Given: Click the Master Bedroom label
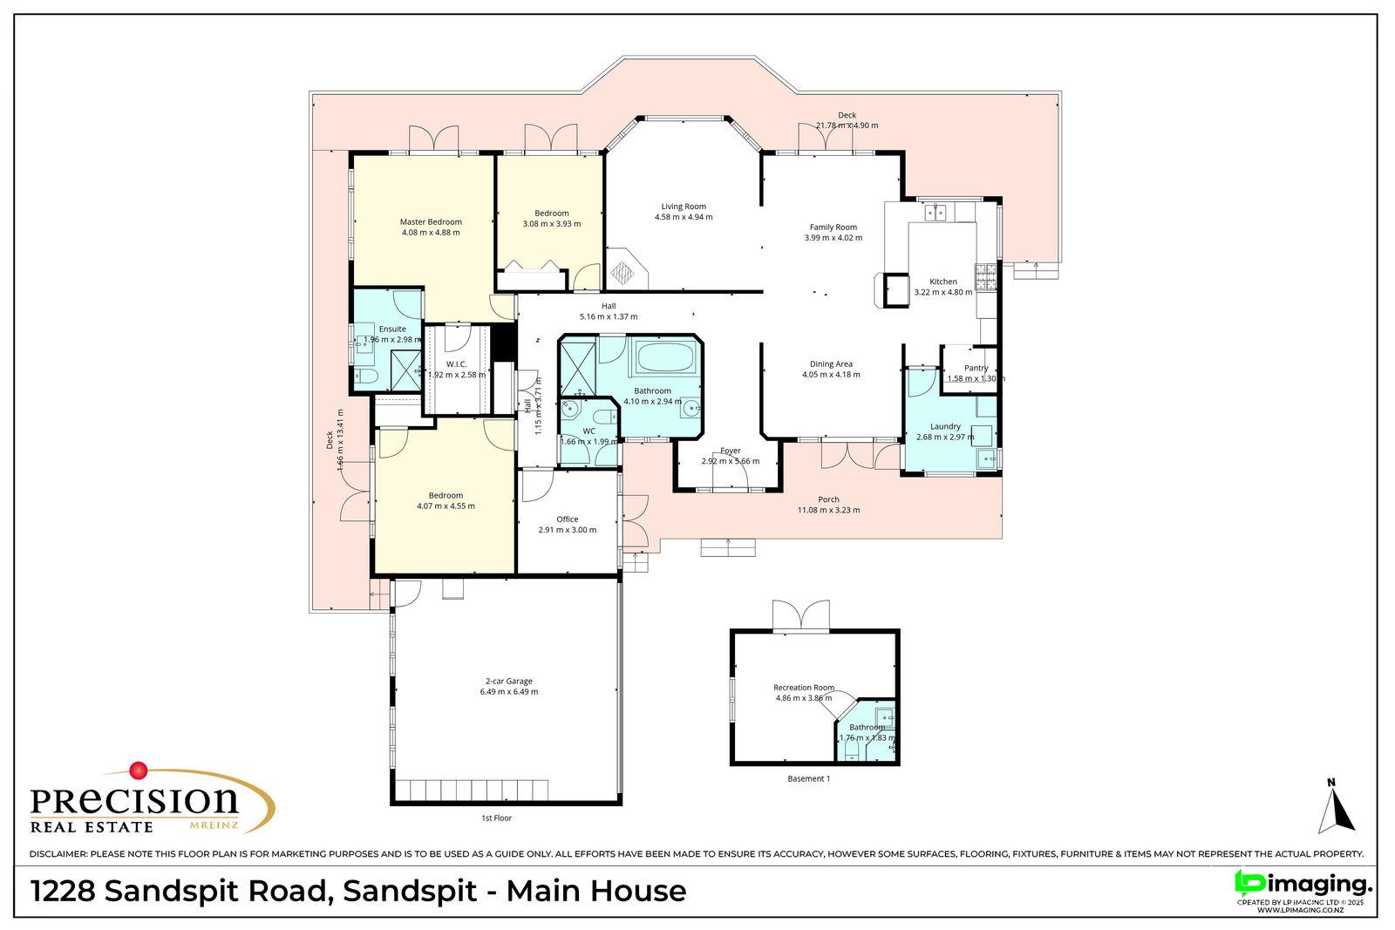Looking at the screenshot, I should (x=431, y=221).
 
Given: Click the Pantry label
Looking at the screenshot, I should (x=976, y=368).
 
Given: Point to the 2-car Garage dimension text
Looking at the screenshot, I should (x=508, y=692).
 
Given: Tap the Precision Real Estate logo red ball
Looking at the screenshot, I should (x=137, y=770).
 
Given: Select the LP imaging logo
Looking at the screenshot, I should (x=1303, y=883).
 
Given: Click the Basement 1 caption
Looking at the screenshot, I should (x=808, y=778).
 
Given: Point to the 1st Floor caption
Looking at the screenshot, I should (x=496, y=818).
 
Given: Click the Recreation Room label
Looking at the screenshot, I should (x=804, y=687).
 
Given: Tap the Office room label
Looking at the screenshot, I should (x=567, y=519).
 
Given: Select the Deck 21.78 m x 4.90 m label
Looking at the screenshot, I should (x=847, y=120).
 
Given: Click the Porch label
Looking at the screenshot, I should (x=828, y=499).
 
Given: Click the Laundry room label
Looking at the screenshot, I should (x=945, y=426).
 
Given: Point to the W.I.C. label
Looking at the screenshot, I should (x=457, y=363).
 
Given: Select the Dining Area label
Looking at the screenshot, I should (x=831, y=363).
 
